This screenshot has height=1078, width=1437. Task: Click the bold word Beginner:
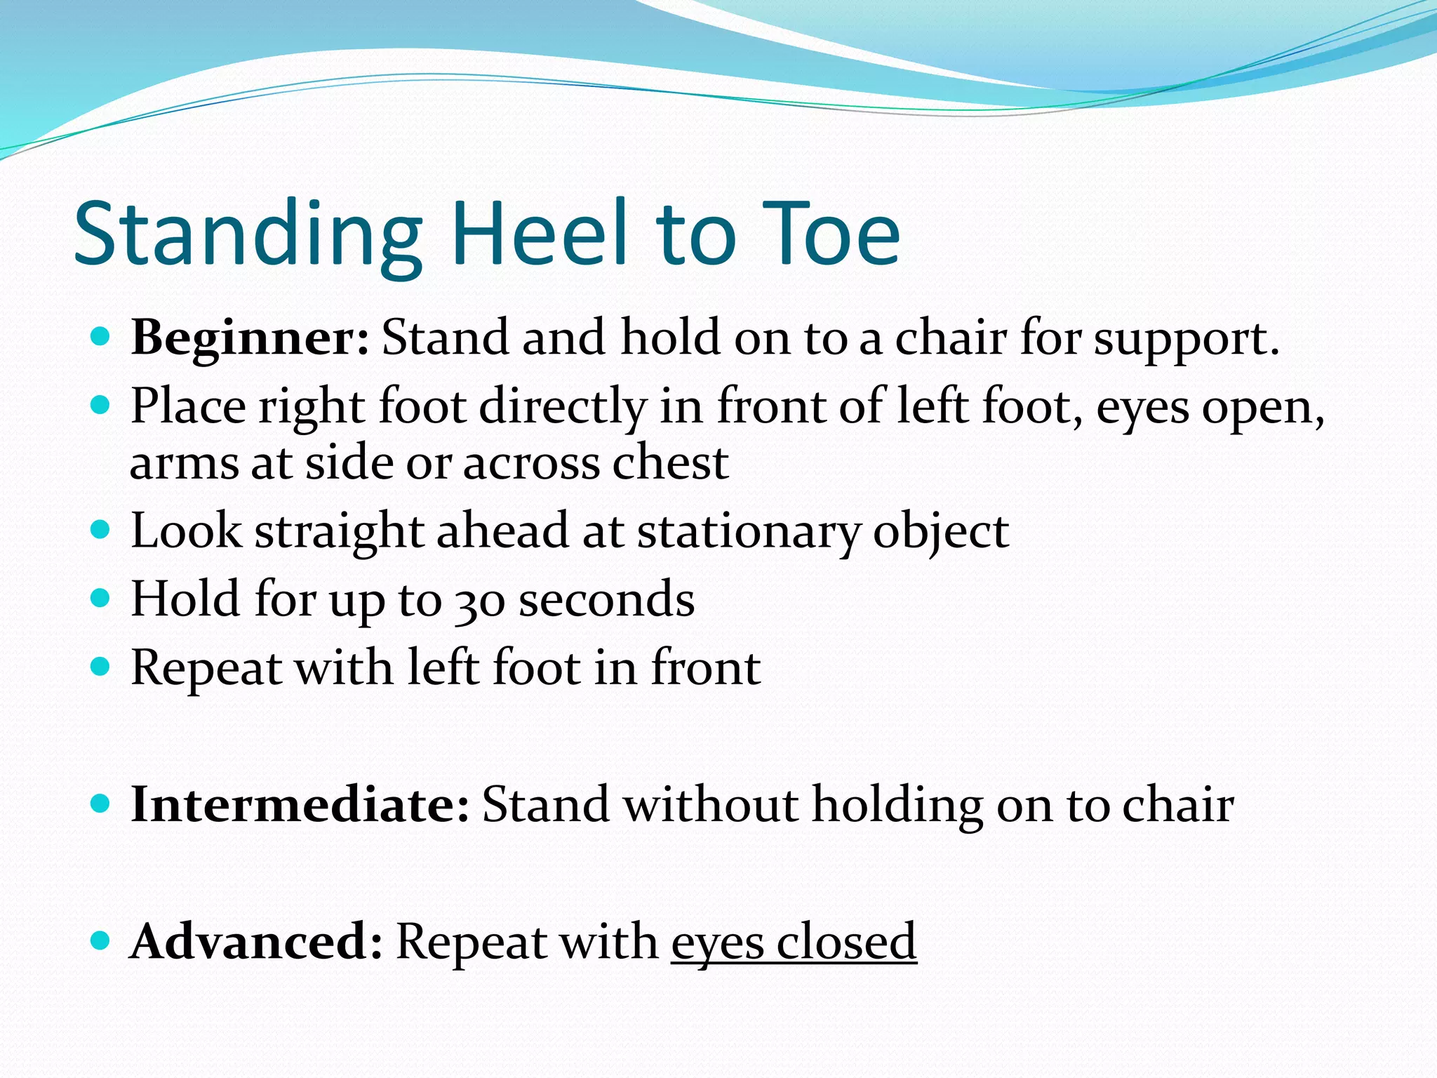(x=250, y=338)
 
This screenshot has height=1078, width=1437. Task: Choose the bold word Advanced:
(x=257, y=942)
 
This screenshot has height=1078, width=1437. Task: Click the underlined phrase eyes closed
(x=794, y=942)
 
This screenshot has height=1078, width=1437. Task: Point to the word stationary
(x=748, y=531)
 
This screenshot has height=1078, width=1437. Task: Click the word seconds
(x=606, y=600)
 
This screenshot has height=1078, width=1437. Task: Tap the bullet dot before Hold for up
(x=101, y=598)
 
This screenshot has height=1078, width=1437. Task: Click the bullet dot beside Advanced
(x=101, y=940)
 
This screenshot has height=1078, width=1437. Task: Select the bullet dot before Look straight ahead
(x=101, y=529)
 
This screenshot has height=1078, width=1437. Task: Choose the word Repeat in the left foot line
(x=206, y=669)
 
